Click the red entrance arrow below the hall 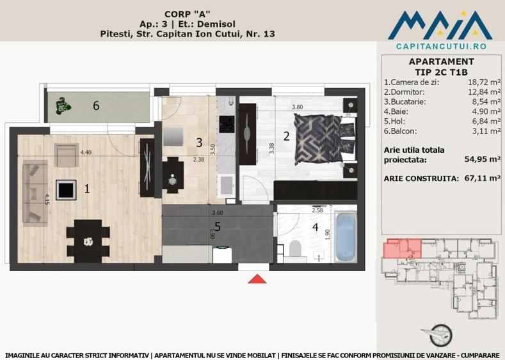click(257, 279)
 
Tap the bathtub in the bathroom click(346, 237)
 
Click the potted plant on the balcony click(63, 104)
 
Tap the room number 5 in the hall click(218, 226)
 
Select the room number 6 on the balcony click(96, 106)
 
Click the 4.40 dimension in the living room click(86, 152)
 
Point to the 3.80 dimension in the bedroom click(297, 107)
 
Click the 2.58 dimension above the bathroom click(317, 210)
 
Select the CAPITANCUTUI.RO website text click(441, 47)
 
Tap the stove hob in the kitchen click(227, 123)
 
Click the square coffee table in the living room click(66, 189)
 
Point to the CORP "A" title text click(188, 12)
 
